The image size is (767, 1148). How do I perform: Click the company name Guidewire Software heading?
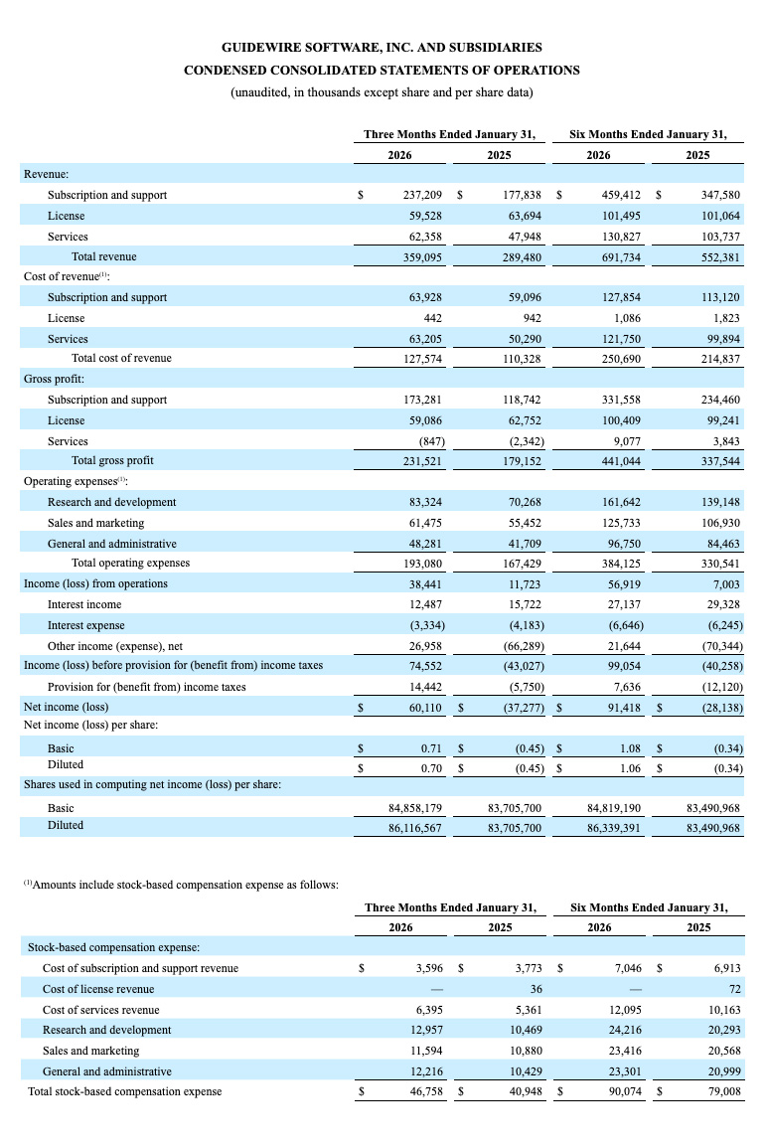[x=382, y=47]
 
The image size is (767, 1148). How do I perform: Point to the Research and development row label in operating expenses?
[x=111, y=502]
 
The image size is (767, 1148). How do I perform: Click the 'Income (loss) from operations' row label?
[x=95, y=583]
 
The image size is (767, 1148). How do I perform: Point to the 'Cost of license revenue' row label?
[x=97, y=989]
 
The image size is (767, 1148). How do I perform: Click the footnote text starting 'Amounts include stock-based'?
[x=182, y=884]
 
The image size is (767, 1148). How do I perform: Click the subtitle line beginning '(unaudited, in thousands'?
[x=382, y=92]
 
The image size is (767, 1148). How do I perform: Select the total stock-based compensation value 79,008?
[x=722, y=1092]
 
